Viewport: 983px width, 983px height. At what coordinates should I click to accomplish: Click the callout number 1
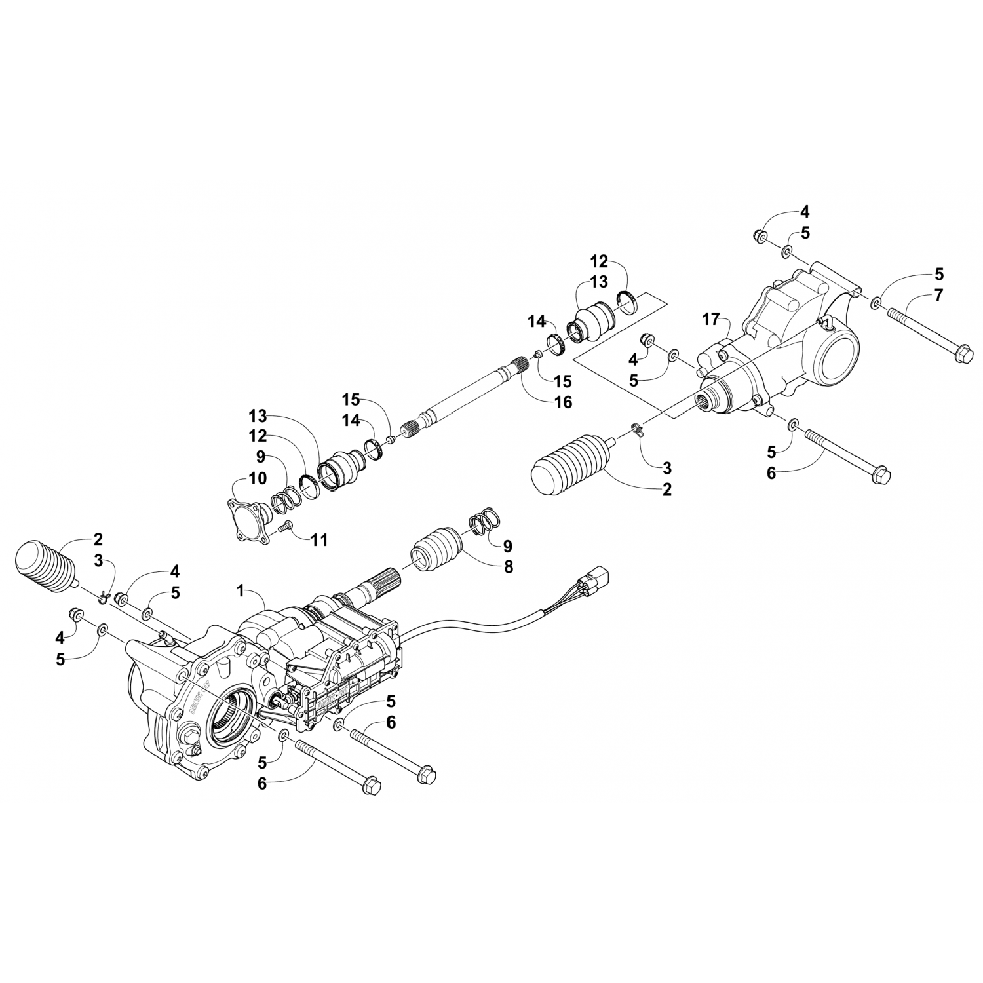click(x=241, y=590)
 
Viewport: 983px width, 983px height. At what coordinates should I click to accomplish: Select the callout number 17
click(x=711, y=320)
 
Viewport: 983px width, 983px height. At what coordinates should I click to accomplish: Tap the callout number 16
click(x=563, y=402)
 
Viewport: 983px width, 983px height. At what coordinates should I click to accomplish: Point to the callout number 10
click(x=258, y=478)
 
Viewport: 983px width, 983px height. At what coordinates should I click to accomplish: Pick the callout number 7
click(x=938, y=295)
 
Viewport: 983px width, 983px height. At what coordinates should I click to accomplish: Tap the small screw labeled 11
click(x=286, y=525)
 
